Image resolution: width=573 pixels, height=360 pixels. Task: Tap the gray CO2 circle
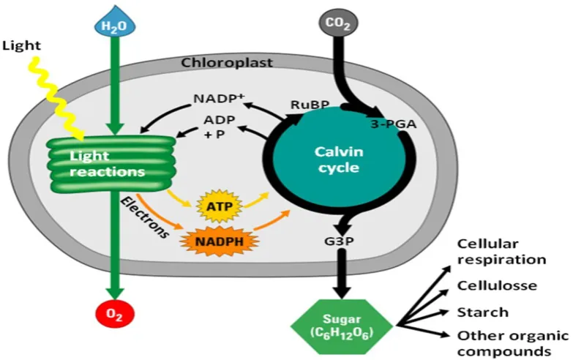(x=338, y=23)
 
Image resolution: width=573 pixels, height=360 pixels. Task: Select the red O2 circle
(x=115, y=314)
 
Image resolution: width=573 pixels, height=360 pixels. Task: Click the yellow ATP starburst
(x=220, y=206)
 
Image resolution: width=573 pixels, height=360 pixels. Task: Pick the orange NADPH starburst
(x=220, y=241)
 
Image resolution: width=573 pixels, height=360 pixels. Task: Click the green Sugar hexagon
(x=342, y=326)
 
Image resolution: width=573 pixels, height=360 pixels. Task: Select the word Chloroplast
(x=227, y=62)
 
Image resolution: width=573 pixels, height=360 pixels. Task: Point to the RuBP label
(x=310, y=105)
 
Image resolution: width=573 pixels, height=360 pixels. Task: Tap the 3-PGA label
(x=394, y=124)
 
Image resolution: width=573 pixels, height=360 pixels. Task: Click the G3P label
(x=339, y=241)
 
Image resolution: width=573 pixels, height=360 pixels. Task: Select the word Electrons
(x=145, y=217)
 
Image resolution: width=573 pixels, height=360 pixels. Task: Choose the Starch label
(x=483, y=312)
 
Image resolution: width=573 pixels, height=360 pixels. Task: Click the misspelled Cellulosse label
(x=497, y=285)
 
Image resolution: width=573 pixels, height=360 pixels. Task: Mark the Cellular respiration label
(x=502, y=252)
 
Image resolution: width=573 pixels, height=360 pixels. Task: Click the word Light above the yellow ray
(x=21, y=46)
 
